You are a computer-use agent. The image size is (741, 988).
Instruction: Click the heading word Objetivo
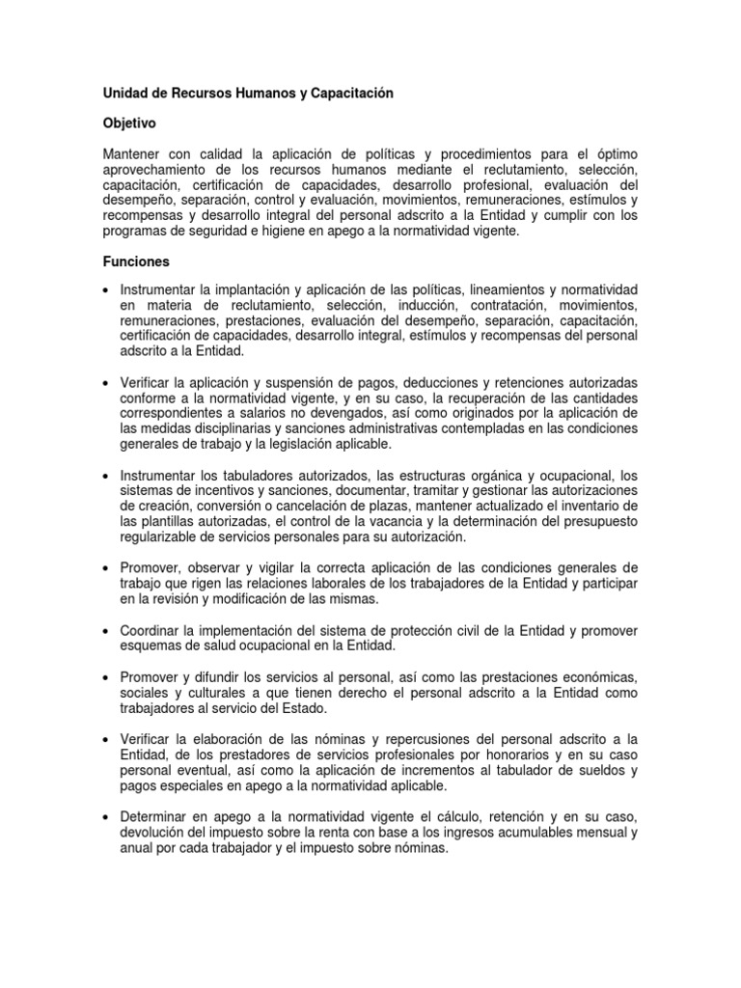[x=129, y=124]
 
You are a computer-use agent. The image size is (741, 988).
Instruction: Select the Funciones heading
[x=136, y=261]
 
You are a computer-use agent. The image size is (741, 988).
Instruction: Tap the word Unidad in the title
[x=125, y=94]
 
